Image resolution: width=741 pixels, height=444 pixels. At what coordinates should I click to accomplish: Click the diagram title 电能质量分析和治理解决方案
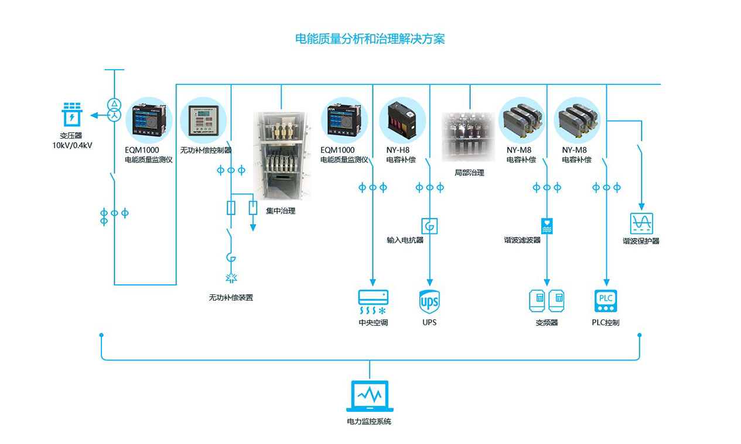370,39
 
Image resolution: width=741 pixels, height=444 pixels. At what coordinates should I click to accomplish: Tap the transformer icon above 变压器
72,115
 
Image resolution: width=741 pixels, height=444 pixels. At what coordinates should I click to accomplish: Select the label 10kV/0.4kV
72,145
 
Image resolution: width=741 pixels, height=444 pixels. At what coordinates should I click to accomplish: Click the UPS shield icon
429,302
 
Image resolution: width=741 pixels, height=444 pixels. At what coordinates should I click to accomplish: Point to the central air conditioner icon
373,302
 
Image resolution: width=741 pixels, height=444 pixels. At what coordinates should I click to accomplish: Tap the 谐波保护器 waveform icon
641,223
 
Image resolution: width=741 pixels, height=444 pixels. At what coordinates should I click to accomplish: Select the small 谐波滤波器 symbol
547,226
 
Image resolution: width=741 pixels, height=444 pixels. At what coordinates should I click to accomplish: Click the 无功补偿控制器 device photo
203,121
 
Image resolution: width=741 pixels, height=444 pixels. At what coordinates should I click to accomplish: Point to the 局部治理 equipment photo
469,137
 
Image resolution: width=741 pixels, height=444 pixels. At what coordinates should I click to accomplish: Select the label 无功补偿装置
231,297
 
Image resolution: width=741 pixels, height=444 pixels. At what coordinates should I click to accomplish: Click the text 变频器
547,322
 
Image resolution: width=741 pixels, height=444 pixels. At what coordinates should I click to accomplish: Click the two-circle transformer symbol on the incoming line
114,109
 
